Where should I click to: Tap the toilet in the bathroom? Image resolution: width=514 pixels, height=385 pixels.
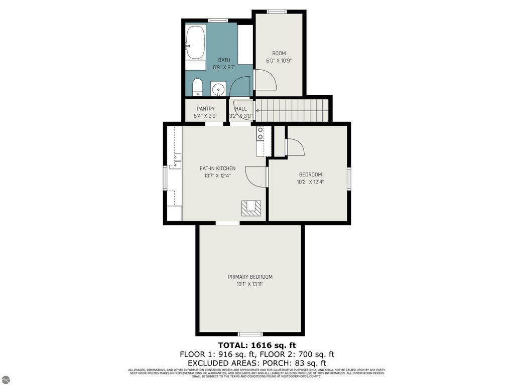[x=197, y=87]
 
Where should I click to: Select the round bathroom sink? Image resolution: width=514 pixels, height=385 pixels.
[x=218, y=89]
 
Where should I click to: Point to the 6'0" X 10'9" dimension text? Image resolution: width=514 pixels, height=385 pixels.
[x=279, y=61]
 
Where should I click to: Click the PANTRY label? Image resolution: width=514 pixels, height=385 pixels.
[x=205, y=109]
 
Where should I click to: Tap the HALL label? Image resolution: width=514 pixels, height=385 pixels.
[x=241, y=109]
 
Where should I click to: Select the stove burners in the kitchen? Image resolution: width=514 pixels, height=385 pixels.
[x=261, y=133]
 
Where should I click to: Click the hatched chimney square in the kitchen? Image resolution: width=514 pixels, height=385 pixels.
[x=251, y=208]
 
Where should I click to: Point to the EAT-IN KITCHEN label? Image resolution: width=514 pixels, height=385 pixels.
[x=217, y=168]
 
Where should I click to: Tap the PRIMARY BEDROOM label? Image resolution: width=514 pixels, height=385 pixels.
[x=250, y=277]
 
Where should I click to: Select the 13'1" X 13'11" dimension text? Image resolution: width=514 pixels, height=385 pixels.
[x=250, y=284]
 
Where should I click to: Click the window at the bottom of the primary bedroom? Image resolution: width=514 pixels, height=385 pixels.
[x=250, y=334]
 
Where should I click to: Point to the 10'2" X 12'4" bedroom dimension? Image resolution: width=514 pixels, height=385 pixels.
[x=310, y=182]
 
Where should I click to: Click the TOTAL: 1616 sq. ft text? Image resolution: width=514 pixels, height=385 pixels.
[x=257, y=345]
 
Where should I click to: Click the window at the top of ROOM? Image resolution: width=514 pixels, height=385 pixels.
[x=276, y=12]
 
